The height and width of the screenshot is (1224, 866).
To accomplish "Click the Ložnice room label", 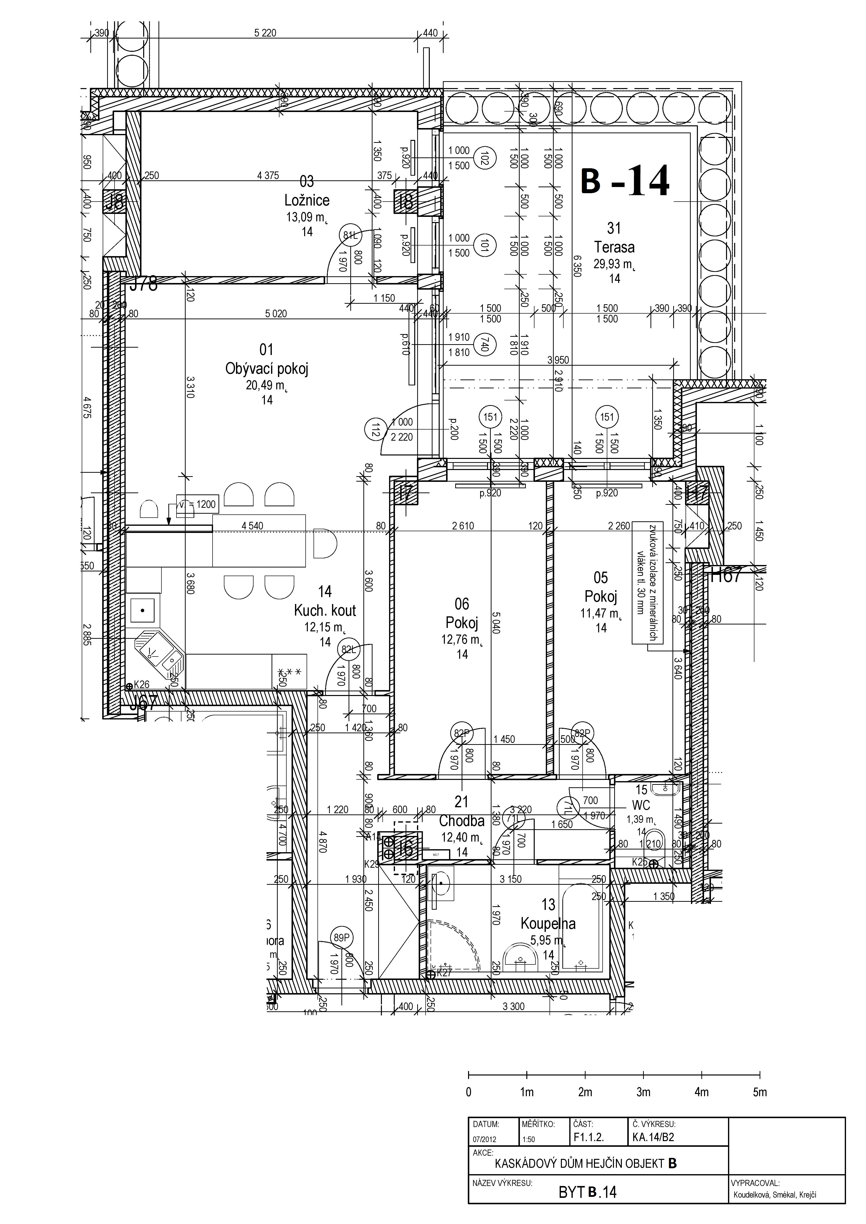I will click(307, 200).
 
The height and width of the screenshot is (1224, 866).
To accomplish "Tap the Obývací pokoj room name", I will click(267, 369).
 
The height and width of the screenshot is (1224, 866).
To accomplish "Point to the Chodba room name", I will click(462, 821).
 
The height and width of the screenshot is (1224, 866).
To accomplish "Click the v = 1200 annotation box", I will click(197, 504).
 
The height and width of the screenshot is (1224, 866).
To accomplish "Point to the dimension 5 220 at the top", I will click(265, 33).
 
